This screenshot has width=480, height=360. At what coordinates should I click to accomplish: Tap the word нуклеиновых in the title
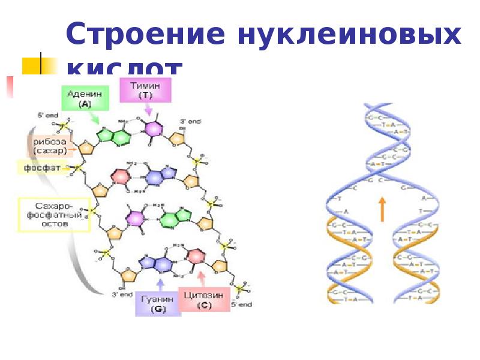coord(351,35)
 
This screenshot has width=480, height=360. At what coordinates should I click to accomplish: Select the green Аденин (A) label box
coord(85,98)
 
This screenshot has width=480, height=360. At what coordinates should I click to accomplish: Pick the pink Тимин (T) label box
coord(146,91)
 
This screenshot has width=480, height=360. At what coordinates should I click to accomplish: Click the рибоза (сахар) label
coord(50,145)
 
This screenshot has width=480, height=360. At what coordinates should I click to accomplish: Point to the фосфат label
coord(41,167)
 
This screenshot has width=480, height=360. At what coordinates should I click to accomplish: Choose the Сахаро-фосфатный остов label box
coord(53,214)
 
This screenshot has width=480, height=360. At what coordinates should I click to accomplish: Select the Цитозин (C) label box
coord(204,299)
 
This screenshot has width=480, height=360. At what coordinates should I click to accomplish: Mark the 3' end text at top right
coord(190,121)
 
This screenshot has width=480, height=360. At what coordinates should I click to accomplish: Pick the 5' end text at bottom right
coord(241,304)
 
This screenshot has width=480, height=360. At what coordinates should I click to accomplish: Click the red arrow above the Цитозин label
coord(201,277)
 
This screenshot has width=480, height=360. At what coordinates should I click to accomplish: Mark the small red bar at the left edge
coord(9,86)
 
